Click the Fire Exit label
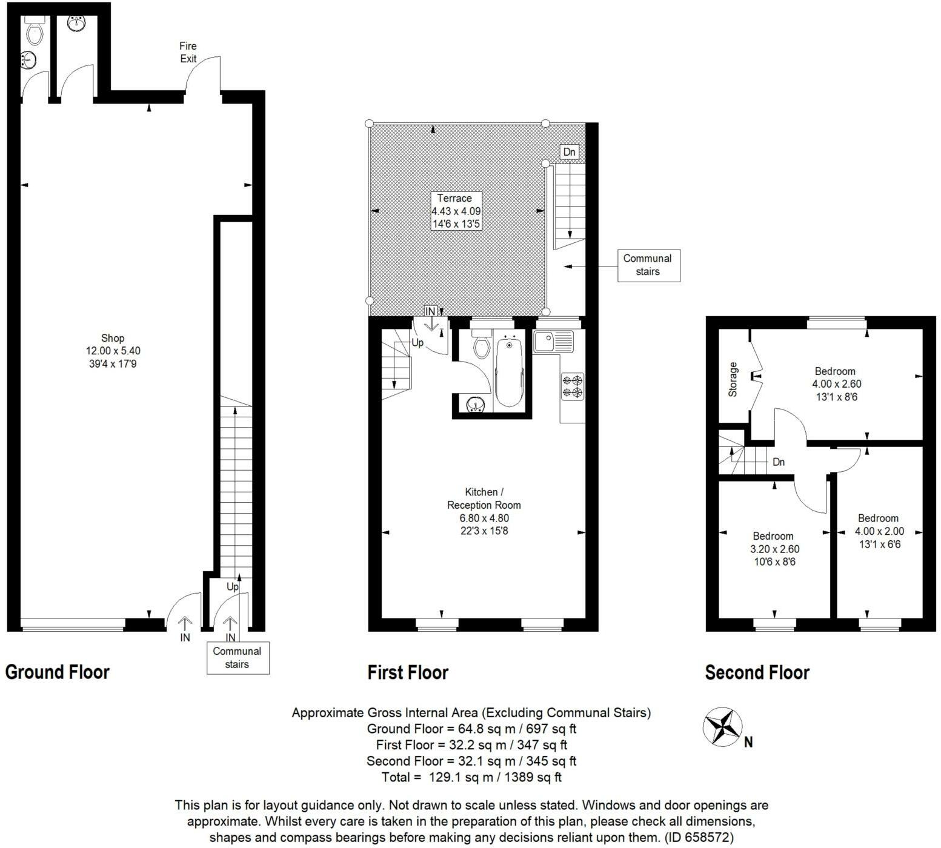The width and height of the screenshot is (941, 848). click(188, 52)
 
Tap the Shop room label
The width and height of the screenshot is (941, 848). click(113, 351)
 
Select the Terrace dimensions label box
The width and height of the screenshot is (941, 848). click(456, 211)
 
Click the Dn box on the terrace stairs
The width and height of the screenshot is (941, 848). click(569, 151)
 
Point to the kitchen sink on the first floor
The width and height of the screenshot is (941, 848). click(553, 342)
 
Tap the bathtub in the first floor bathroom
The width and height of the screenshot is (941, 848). click(510, 373)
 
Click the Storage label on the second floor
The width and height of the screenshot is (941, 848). click(733, 379)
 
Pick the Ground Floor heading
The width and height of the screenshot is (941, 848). click(58, 672)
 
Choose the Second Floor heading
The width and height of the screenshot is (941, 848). click(757, 672)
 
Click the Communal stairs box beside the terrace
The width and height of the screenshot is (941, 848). click(648, 265)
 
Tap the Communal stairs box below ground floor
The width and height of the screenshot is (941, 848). click(237, 658)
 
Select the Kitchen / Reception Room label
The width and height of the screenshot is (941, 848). click(484, 511)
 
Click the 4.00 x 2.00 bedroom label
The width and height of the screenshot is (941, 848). click(879, 531)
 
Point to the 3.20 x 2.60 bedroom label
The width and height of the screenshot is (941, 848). click(774, 549)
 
